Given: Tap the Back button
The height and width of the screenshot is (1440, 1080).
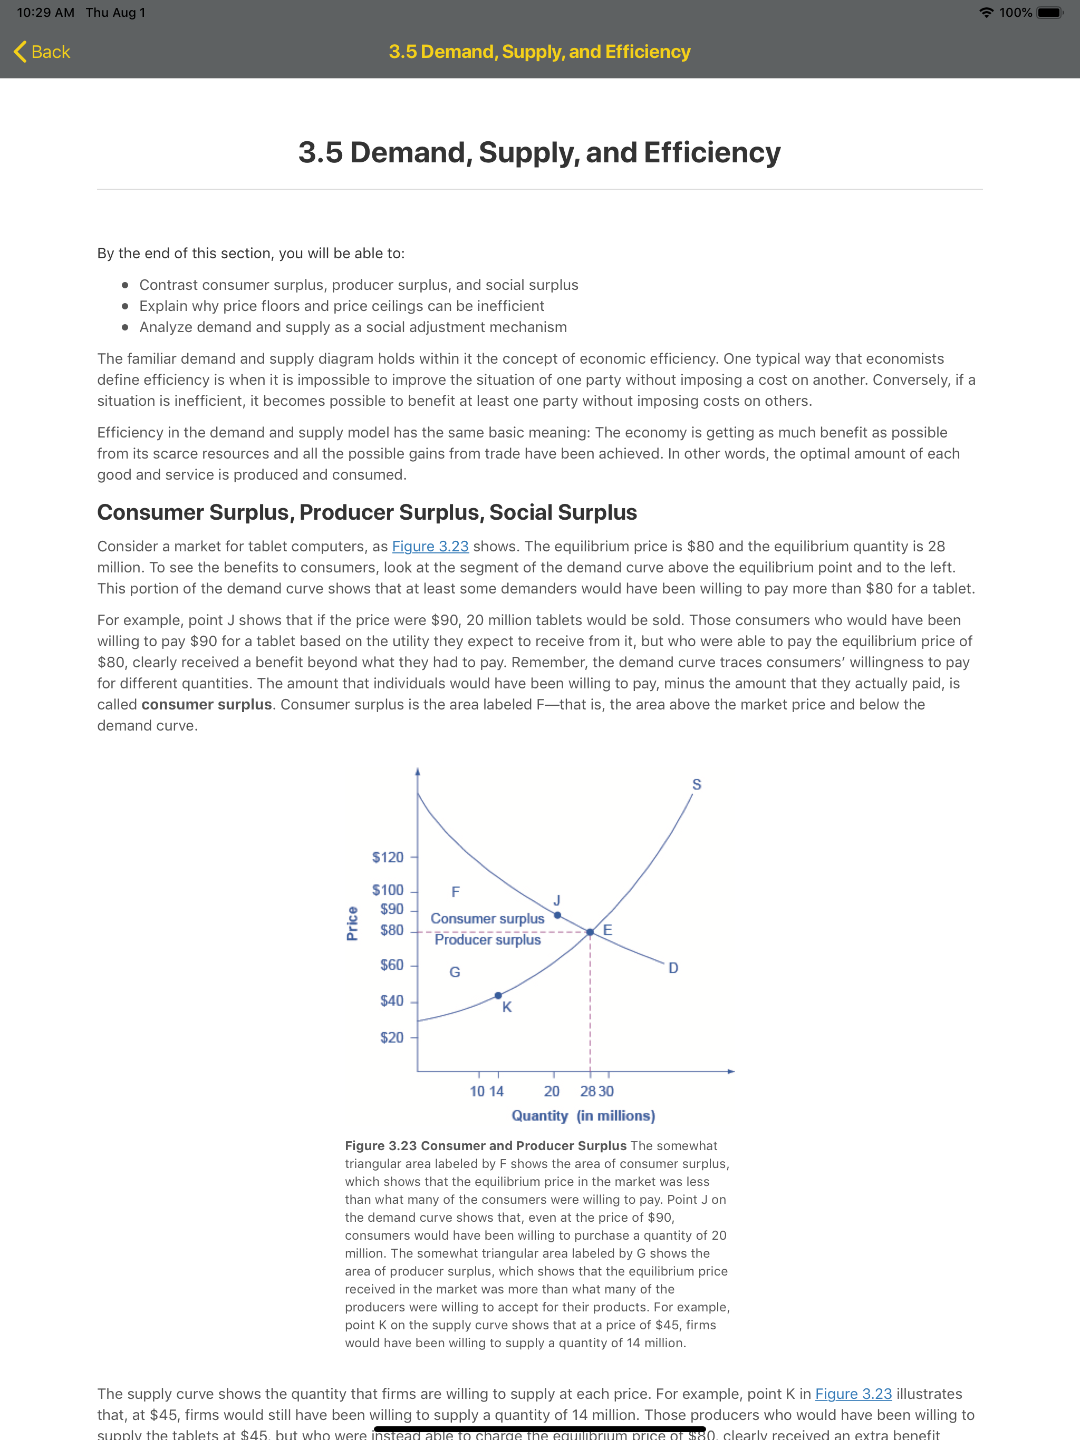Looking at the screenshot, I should click(42, 52).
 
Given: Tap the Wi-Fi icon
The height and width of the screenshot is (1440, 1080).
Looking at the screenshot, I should click(986, 12).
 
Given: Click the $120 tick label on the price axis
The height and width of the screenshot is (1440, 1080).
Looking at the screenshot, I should click(388, 858).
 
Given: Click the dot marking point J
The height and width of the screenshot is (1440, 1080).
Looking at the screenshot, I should click(557, 916).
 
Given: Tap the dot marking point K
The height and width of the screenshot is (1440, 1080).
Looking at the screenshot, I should click(498, 995).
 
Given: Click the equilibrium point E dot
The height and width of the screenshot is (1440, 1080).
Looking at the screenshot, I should click(590, 932).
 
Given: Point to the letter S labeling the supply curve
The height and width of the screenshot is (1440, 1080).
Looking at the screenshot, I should click(696, 784).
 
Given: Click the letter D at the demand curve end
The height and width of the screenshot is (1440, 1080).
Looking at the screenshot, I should click(673, 968).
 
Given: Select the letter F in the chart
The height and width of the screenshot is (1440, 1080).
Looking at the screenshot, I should click(455, 891).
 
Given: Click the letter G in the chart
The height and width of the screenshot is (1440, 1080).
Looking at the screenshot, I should click(455, 972).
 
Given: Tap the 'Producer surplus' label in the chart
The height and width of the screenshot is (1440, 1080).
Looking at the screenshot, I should click(487, 939).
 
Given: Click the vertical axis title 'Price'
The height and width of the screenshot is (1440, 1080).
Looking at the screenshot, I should click(352, 923).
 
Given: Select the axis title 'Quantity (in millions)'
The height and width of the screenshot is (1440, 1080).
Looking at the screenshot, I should click(583, 1116).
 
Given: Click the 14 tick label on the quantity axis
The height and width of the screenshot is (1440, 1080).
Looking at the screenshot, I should click(496, 1091).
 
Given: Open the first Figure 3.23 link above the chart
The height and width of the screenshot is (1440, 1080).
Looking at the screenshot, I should click(430, 546).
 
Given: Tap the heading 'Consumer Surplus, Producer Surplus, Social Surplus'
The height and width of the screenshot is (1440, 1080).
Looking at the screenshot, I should click(367, 512).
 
